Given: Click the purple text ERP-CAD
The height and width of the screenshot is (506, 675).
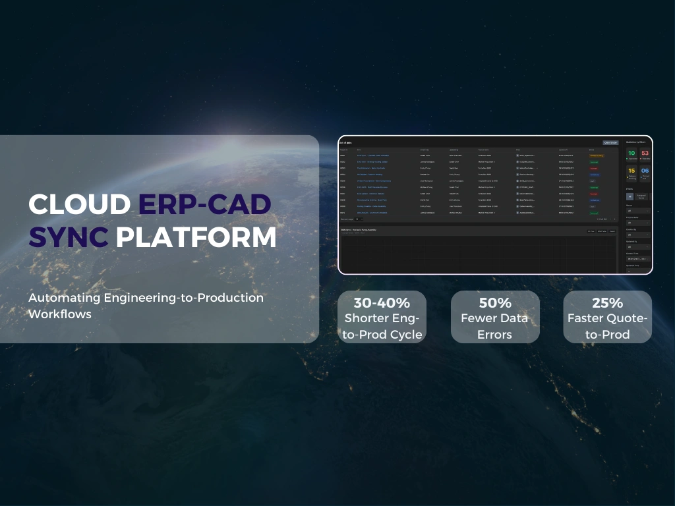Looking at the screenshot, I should tap(204, 204).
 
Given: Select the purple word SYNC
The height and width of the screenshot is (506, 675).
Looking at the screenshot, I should tap(69, 237).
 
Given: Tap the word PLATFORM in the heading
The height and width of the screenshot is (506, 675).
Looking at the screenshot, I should tap(196, 237).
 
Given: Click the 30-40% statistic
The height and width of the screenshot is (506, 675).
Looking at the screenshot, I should tap(382, 303).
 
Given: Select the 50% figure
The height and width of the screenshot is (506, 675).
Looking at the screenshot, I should tap(495, 303).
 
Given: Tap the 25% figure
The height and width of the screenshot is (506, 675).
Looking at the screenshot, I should tap(607, 303).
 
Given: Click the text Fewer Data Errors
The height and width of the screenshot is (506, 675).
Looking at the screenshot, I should tap(495, 326).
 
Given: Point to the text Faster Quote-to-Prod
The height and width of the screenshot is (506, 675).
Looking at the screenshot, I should tap(607, 326).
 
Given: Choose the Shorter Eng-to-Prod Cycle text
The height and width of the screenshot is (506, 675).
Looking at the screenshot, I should tap(382, 326).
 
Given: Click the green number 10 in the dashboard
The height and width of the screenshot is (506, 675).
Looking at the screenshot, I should tap(631, 154).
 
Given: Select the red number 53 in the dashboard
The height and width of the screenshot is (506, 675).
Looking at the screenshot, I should tap(645, 154).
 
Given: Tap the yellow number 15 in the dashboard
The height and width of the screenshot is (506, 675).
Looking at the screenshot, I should tap(631, 171).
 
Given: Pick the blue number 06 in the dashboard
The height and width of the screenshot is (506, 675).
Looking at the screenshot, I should tap(645, 171).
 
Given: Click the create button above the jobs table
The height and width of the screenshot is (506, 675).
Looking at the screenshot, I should tap(610, 142).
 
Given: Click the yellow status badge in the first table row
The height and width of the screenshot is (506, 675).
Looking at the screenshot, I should tap(596, 155).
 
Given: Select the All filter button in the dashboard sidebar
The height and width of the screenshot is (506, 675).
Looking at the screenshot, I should tap(630, 196).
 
